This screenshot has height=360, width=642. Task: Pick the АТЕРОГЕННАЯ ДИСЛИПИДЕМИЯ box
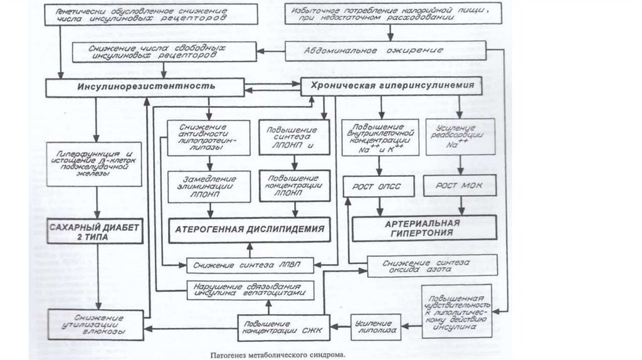tap(249, 229)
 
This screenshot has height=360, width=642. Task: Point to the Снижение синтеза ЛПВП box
tap(248, 265)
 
